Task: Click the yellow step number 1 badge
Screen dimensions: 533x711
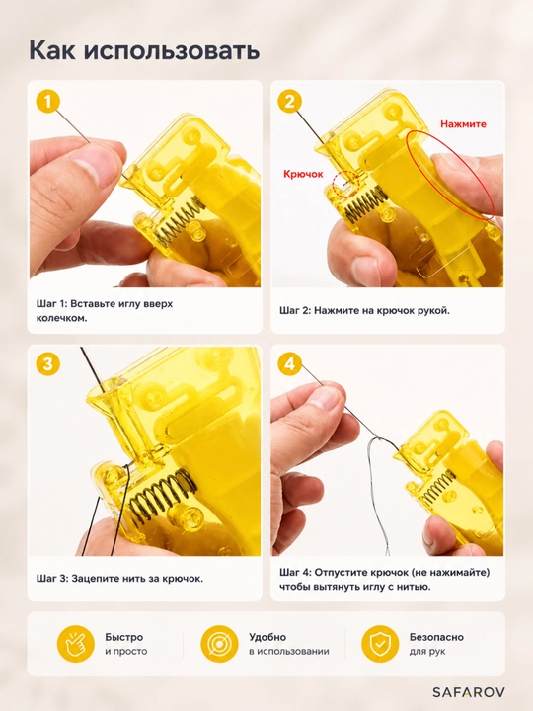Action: pos(48,102)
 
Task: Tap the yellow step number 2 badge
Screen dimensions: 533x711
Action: pos(290,101)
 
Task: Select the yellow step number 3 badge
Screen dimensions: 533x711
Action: pos(48,364)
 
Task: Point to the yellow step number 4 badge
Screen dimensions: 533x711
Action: pos(290,364)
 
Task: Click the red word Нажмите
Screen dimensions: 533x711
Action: pos(463,124)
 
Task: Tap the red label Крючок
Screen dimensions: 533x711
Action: pos(303,174)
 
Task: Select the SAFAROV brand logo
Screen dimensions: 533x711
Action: pos(468,692)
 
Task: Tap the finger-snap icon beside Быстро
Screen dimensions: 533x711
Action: pos(75,644)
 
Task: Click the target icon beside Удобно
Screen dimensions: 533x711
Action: pos(219,644)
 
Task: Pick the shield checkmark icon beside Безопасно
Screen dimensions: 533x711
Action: pos(380,644)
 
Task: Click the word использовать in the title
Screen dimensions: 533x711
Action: pos(172,50)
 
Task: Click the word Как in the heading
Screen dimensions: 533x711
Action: pos(52,50)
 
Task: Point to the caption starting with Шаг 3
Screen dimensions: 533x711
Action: pos(119,579)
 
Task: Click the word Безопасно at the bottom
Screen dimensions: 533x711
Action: pos(436,637)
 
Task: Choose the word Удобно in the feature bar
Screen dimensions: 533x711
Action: pos(267,637)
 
